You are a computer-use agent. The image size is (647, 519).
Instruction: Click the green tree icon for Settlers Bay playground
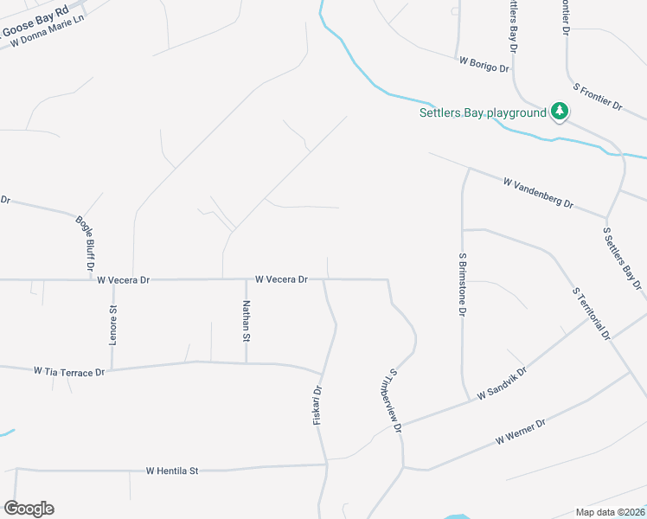[x=561, y=112]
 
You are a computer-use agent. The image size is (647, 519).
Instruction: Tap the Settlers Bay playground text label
[x=483, y=112]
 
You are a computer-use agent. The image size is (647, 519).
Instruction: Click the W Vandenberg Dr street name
[x=538, y=193]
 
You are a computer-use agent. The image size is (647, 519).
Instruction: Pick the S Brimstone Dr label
[x=464, y=283]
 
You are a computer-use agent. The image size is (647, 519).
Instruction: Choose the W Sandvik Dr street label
[x=502, y=382]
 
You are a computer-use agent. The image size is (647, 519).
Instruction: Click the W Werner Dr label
[x=522, y=432]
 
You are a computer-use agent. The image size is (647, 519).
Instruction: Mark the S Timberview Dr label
[x=395, y=400]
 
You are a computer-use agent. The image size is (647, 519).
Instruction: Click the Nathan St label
[x=247, y=320]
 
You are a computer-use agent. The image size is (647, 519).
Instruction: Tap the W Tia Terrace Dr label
[x=69, y=371]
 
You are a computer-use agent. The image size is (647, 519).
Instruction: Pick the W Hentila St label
[x=172, y=471]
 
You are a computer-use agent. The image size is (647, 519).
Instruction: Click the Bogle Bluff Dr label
[x=84, y=244]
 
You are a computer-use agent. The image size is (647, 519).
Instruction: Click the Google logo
[x=29, y=509]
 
